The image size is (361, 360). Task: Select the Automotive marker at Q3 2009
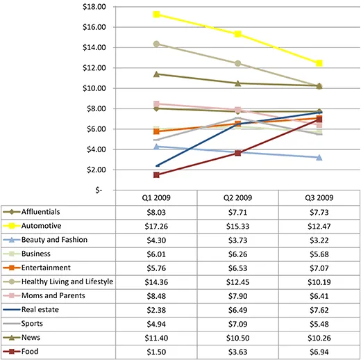click(x=319, y=63)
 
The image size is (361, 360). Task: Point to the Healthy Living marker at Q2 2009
click(x=238, y=63)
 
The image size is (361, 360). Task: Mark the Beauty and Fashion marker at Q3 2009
click(x=319, y=157)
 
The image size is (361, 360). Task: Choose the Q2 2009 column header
click(x=238, y=198)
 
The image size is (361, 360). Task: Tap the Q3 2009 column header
click(x=319, y=198)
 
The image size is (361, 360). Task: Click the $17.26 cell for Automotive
click(x=157, y=226)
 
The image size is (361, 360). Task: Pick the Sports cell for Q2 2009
click(x=238, y=322)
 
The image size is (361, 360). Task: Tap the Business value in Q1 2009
click(x=157, y=254)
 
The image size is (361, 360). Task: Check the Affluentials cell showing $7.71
click(x=238, y=212)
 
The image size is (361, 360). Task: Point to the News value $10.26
click(x=319, y=336)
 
